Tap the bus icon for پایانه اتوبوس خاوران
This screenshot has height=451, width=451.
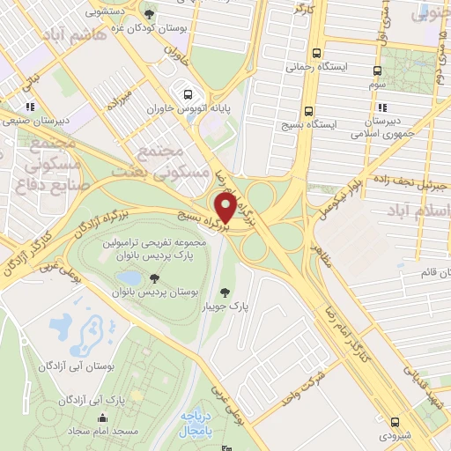(x=187, y=94)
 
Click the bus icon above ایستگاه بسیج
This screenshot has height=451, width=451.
(x=308, y=112)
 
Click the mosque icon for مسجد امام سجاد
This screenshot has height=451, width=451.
(x=103, y=418)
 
